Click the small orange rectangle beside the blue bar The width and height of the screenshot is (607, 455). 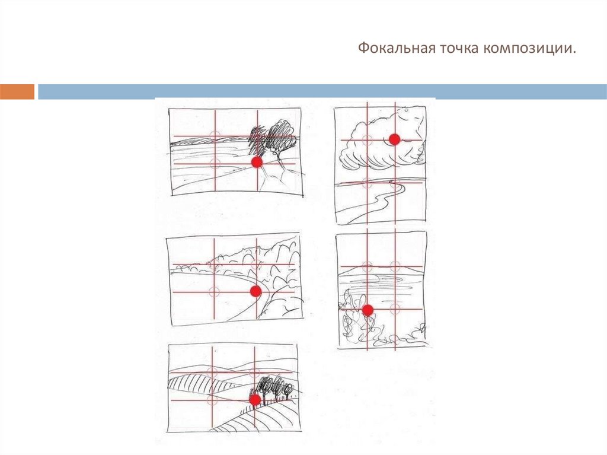[x=17, y=91]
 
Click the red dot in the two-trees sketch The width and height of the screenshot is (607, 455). [x=257, y=162]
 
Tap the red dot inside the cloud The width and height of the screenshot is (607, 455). [x=394, y=139]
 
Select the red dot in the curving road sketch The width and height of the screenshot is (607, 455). [x=255, y=291]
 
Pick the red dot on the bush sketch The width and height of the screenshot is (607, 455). [x=368, y=310]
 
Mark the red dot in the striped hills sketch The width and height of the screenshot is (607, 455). [x=254, y=400]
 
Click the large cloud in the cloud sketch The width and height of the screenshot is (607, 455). [x=379, y=142]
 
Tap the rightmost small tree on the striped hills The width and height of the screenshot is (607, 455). [x=288, y=390]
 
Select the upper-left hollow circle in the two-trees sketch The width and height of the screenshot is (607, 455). [x=215, y=136]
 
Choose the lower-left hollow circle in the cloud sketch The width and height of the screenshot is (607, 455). [x=367, y=182]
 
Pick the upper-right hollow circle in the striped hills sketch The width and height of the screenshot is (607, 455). [x=254, y=373]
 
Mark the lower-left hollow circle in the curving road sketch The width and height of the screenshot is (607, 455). [x=214, y=291]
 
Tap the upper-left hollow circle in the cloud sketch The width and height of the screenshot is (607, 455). [x=367, y=140]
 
